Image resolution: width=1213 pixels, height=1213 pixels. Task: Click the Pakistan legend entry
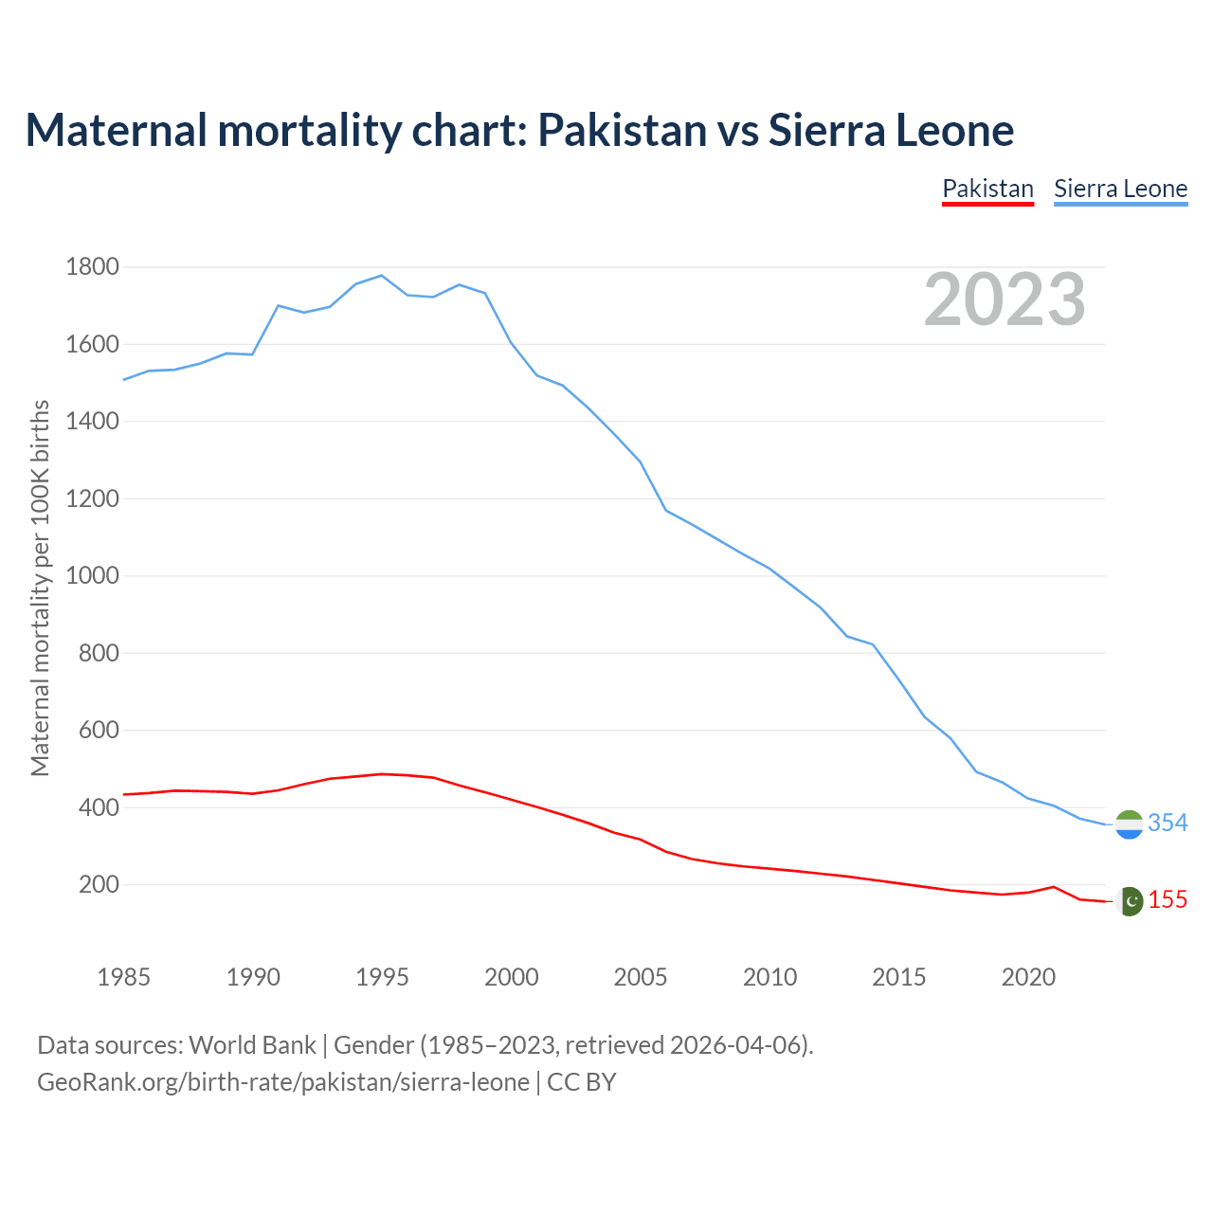point(987,189)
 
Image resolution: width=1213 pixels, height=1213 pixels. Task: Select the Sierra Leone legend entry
point(1120,189)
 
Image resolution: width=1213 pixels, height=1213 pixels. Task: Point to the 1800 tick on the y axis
point(93,267)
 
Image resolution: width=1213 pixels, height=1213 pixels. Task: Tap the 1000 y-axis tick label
point(93,576)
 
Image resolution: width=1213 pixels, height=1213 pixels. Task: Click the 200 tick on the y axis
point(99,885)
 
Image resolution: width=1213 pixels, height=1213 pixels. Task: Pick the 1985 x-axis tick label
point(123,977)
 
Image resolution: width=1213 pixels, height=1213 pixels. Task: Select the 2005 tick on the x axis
point(641,977)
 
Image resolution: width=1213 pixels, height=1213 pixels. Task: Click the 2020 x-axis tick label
point(1028,977)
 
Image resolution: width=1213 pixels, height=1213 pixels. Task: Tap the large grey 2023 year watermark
point(1005,300)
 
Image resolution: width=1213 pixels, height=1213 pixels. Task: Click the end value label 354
point(1168,823)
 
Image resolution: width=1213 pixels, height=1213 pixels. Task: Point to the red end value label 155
point(1168,900)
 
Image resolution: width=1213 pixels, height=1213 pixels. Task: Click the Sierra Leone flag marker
point(1129,824)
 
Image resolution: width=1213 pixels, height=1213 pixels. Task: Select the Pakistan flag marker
point(1129,901)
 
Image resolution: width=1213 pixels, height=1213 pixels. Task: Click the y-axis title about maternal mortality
point(40,588)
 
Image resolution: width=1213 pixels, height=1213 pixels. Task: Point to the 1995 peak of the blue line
point(381,276)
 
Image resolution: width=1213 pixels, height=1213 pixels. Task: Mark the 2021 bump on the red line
point(1054,887)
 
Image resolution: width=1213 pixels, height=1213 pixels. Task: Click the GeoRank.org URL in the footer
point(283,1082)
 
